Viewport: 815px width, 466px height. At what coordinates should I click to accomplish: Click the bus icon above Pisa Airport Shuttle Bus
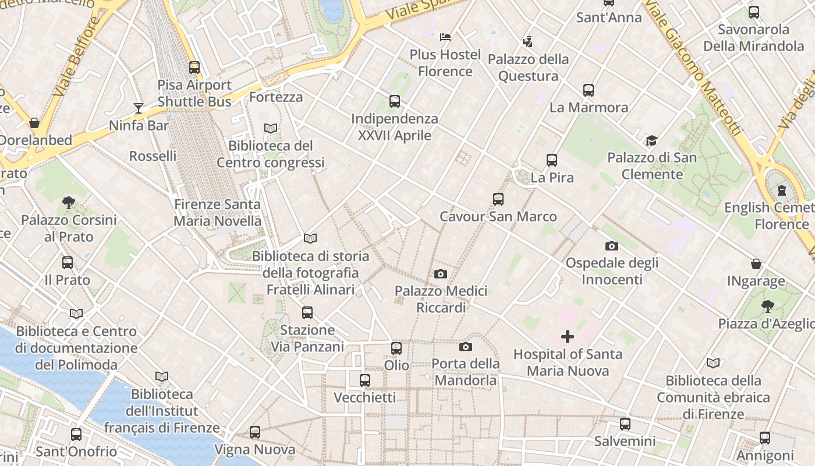[194, 68]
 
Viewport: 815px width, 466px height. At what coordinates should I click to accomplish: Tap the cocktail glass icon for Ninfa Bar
[139, 108]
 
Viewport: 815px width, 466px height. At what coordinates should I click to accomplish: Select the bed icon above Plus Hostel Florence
[445, 37]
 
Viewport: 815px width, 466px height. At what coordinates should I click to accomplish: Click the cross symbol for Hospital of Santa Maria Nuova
[567, 337]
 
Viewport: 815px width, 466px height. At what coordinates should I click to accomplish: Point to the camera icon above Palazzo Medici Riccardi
[441, 274]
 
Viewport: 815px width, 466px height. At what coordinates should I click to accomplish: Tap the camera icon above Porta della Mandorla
[465, 347]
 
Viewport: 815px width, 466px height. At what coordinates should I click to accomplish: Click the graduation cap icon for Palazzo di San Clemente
[651, 140]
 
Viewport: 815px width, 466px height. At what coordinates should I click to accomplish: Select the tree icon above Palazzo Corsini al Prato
[69, 203]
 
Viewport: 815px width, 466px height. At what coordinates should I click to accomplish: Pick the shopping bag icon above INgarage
[756, 264]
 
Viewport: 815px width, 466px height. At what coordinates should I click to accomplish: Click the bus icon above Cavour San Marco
[498, 199]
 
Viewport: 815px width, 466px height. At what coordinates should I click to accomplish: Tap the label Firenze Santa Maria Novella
[218, 213]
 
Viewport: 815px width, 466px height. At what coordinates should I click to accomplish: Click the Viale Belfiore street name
[76, 57]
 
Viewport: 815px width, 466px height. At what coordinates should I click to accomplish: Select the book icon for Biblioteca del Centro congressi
[271, 128]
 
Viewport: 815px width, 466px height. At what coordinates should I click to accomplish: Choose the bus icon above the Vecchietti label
[365, 380]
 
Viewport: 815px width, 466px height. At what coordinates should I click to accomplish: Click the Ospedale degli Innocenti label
[612, 271]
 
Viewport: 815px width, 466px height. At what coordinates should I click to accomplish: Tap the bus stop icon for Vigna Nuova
[255, 432]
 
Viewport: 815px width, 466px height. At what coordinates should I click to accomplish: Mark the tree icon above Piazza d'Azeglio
[768, 306]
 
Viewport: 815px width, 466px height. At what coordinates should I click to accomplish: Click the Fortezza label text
[276, 97]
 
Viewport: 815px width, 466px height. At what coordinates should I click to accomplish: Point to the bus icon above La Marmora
[589, 90]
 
